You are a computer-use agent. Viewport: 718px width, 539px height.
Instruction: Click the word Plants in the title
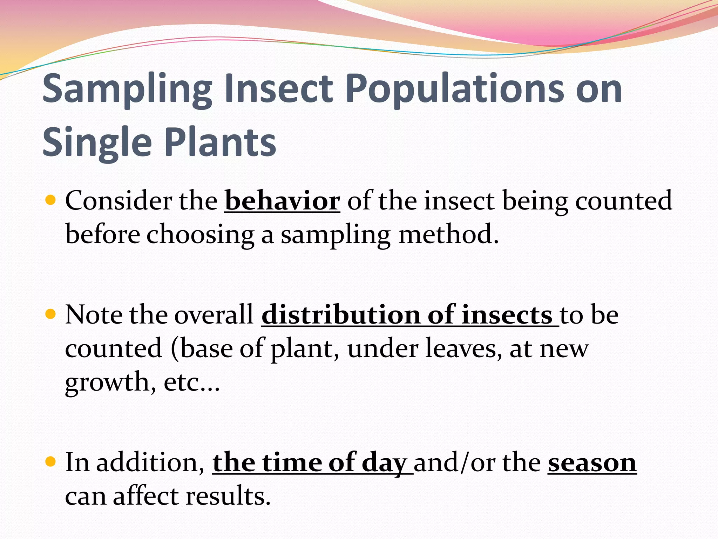pos(220,142)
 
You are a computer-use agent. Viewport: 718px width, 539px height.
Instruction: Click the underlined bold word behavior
pos(282,201)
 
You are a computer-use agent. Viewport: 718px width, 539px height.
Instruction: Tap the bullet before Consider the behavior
pos(51,200)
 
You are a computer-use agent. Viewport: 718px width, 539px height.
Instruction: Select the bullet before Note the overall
pos(51,314)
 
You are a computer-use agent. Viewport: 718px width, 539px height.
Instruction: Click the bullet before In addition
pos(51,462)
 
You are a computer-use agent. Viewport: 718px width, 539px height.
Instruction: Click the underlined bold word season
pos(592,463)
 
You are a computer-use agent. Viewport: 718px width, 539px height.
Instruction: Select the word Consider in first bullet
pos(118,201)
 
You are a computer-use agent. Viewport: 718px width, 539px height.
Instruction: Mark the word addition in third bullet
pos(147,463)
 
